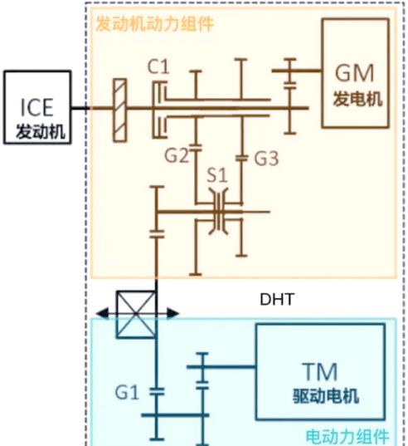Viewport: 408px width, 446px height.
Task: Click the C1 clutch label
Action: [158, 67]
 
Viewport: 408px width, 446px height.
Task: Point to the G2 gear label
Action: [177, 155]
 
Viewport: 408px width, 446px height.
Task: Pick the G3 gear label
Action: [266, 158]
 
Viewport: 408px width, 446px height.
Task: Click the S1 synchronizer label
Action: [217, 175]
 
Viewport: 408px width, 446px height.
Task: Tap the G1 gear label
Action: [127, 392]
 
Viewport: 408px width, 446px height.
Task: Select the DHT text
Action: [276, 299]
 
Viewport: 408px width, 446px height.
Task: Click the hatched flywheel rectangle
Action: [119, 110]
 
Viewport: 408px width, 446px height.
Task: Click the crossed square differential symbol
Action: [136, 314]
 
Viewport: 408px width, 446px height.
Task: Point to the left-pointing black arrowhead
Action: [102, 313]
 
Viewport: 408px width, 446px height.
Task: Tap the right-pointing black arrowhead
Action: [173, 313]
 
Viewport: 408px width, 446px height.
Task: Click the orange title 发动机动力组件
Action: [154, 24]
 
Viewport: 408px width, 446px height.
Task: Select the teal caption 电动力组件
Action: [347, 437]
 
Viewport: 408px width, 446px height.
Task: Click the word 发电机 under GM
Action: [357, 99]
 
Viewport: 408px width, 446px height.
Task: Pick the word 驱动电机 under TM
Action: [326, 396]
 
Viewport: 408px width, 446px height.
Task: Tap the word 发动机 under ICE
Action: [41, 132]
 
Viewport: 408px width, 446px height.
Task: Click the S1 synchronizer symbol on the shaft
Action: [218, 212]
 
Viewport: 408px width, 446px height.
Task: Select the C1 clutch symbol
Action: [159, 110]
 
